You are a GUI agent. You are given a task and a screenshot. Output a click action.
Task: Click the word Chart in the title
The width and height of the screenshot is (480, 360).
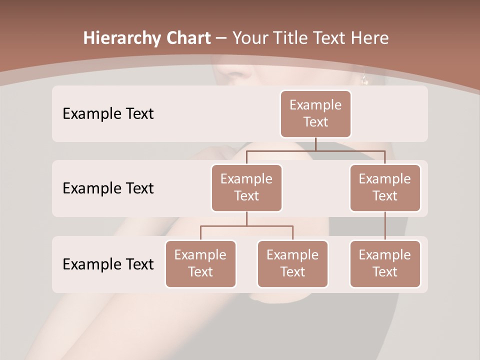188,38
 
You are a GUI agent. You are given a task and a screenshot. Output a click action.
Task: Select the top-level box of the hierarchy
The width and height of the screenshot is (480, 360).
315,114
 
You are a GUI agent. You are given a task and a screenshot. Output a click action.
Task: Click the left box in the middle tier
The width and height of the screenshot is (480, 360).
246,187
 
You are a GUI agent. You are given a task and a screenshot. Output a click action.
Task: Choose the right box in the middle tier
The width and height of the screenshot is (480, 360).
385,187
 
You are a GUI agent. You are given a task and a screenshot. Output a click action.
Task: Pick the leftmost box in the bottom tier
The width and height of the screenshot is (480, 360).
200,263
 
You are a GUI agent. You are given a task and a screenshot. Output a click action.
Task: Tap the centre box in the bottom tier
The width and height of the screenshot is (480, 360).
292,263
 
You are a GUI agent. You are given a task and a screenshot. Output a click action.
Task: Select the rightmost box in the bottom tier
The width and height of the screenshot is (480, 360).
385,263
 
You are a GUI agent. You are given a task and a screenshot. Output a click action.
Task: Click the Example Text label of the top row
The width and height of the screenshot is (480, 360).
108,114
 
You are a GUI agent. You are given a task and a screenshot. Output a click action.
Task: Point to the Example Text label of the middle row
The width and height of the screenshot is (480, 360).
108,188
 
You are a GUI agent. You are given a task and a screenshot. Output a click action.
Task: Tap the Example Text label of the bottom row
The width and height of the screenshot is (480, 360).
108,264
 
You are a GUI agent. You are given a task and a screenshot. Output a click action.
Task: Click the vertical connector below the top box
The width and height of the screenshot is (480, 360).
315,144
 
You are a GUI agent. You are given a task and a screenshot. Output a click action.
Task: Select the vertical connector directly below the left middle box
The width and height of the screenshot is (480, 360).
246,219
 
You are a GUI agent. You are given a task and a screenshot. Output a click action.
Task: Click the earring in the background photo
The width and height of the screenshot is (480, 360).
364,79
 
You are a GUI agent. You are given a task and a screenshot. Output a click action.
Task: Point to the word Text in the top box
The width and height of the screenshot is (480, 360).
315,122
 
